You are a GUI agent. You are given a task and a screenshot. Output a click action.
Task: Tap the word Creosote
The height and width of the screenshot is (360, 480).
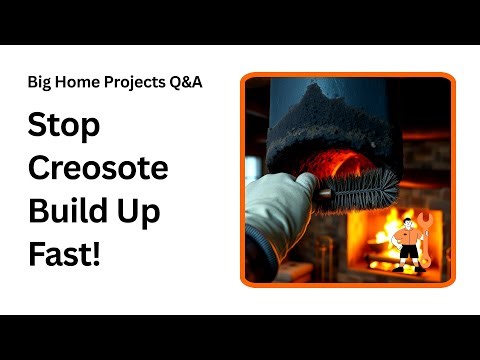96,169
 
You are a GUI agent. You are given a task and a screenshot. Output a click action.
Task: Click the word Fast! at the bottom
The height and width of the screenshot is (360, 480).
64,253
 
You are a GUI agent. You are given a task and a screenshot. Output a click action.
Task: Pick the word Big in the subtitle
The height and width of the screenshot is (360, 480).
40,82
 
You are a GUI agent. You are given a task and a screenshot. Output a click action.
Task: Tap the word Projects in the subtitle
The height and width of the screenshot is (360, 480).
134,82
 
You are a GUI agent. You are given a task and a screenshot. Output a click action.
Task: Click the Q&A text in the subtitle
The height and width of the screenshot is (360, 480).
186,82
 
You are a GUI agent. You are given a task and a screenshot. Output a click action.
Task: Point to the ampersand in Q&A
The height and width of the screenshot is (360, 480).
187,82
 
